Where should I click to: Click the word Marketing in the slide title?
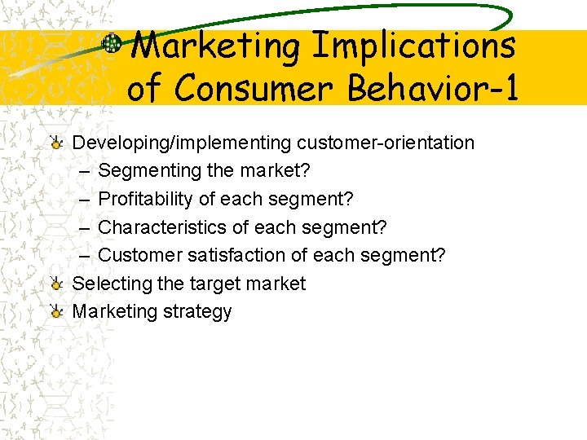[215, 46]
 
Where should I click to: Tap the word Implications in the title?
[414, 46]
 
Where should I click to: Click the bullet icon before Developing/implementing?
[56, 143]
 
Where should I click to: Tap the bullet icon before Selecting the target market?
[56, 284]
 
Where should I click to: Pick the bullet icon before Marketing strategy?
[56, 312]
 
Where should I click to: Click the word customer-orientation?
[385, 143]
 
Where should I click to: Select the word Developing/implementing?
[182, 143]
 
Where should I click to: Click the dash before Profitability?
[86, 200]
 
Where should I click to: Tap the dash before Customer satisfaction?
[86, 256]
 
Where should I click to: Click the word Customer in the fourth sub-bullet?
[139, 256]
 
